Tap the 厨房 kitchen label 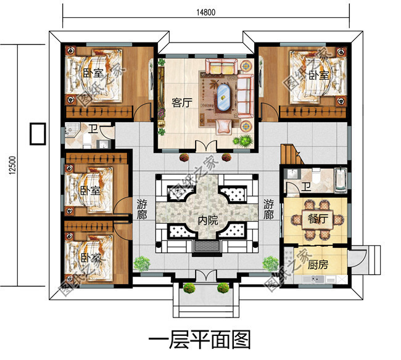[x=317, y=266]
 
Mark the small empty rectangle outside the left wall [x=38, y=134]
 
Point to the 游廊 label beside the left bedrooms [x=141, y=210]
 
